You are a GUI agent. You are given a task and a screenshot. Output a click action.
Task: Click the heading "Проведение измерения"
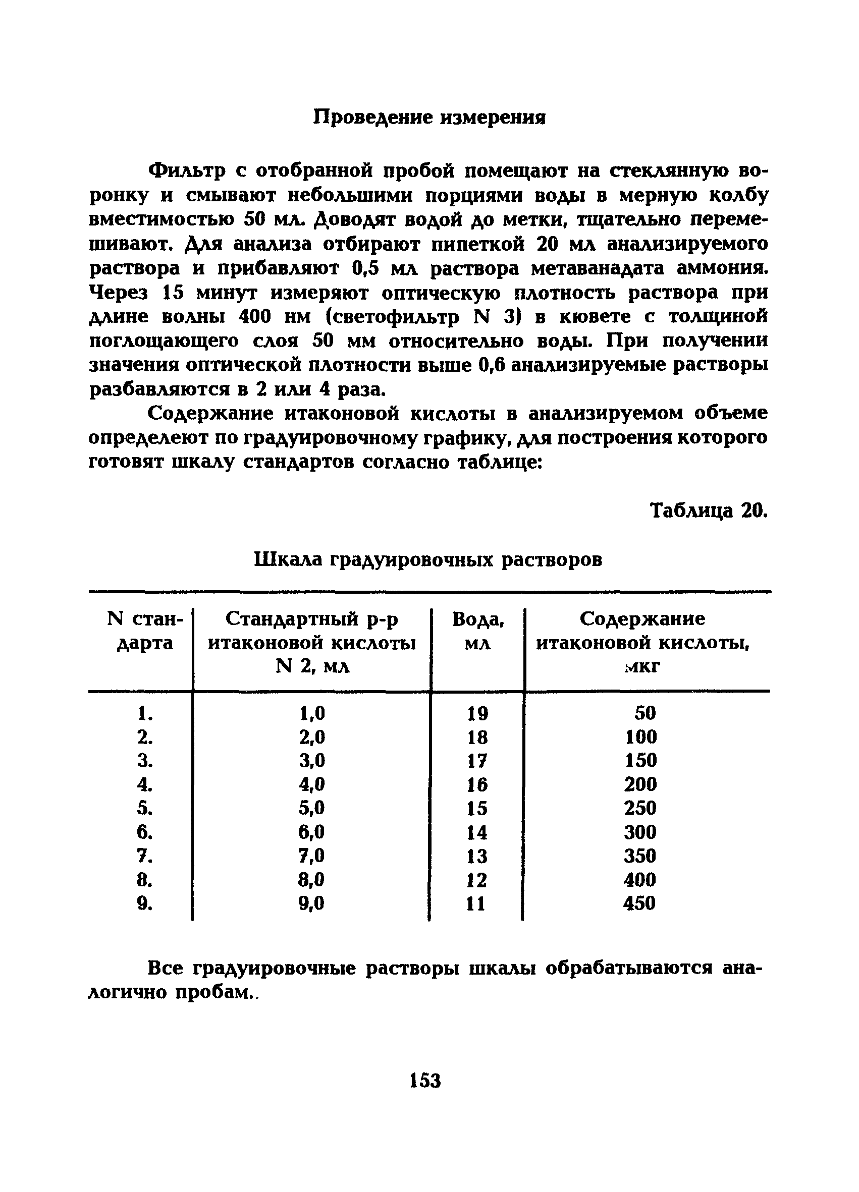click(429, 117)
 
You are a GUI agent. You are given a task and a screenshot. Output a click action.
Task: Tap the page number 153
click(425, 1081)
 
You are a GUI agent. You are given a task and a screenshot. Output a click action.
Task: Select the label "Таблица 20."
click(709, 510)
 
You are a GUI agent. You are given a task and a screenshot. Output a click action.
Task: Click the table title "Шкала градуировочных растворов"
click(428, 559)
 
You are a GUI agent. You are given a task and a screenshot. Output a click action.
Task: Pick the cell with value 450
click(639, 903)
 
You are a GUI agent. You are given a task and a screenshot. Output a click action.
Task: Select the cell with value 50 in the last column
click(645, 713)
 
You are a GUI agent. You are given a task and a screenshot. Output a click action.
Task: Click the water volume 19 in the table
click(477, 713)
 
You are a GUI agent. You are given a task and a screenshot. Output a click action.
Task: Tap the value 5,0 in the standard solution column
click(312, 808)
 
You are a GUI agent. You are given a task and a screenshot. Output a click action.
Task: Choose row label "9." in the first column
click(144, 903)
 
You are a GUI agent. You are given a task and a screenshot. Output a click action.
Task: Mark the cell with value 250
click(640, 808)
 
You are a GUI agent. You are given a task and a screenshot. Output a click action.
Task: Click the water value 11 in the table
click(476, 903)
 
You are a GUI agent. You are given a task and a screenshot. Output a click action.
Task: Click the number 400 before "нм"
click(254, 316)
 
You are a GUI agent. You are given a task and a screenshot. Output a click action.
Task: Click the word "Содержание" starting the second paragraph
click(210, 414)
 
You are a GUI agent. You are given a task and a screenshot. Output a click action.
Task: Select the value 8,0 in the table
click(312, 879)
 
